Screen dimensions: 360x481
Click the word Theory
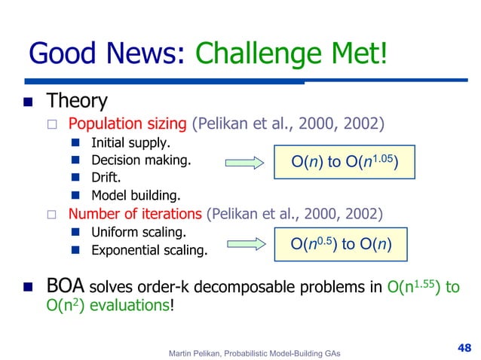coord(77,100)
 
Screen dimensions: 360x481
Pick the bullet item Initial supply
coord(130,142)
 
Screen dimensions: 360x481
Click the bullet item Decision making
coord(141,160)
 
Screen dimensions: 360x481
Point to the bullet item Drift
coord(107,178)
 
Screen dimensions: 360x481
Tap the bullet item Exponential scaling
coord(149,250)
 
